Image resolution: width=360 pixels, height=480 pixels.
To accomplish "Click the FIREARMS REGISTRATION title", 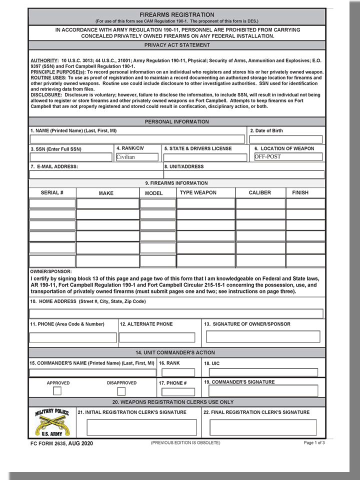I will pos(176,15).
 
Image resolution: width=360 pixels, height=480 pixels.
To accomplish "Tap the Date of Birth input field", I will pos(286,139).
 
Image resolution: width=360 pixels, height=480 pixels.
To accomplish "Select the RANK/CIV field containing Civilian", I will pos(136,157).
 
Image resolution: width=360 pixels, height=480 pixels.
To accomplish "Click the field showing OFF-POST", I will pos(288,156).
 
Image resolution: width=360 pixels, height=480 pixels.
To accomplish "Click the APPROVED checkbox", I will pos(57,391).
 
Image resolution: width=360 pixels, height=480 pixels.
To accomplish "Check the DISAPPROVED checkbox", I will pos(121,391).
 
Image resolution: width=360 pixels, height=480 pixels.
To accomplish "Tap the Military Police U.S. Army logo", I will pos(52,422).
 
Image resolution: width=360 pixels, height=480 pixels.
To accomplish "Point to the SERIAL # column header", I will pos(52,192).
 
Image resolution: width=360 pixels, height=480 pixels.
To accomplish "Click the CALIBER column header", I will pos(260,192).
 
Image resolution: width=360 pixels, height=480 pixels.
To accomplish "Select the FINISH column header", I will pos(300,192).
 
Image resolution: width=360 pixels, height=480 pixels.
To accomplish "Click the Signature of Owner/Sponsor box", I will pos(263,336).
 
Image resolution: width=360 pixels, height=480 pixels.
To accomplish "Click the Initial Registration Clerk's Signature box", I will pos(141,427).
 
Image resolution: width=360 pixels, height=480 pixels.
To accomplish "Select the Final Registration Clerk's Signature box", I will pos(263,427).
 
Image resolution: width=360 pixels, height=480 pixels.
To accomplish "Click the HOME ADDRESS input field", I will pos(176,313).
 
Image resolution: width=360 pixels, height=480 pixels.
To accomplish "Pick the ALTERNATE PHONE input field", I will pos(157,337).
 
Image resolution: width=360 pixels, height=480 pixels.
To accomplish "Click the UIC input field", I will pos(263,372).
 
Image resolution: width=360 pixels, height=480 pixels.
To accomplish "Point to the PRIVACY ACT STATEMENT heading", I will pos(177,45).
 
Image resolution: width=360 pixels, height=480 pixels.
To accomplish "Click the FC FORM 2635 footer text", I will pos(61,443).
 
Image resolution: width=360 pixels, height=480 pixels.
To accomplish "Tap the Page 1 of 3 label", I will pos(314,443).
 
